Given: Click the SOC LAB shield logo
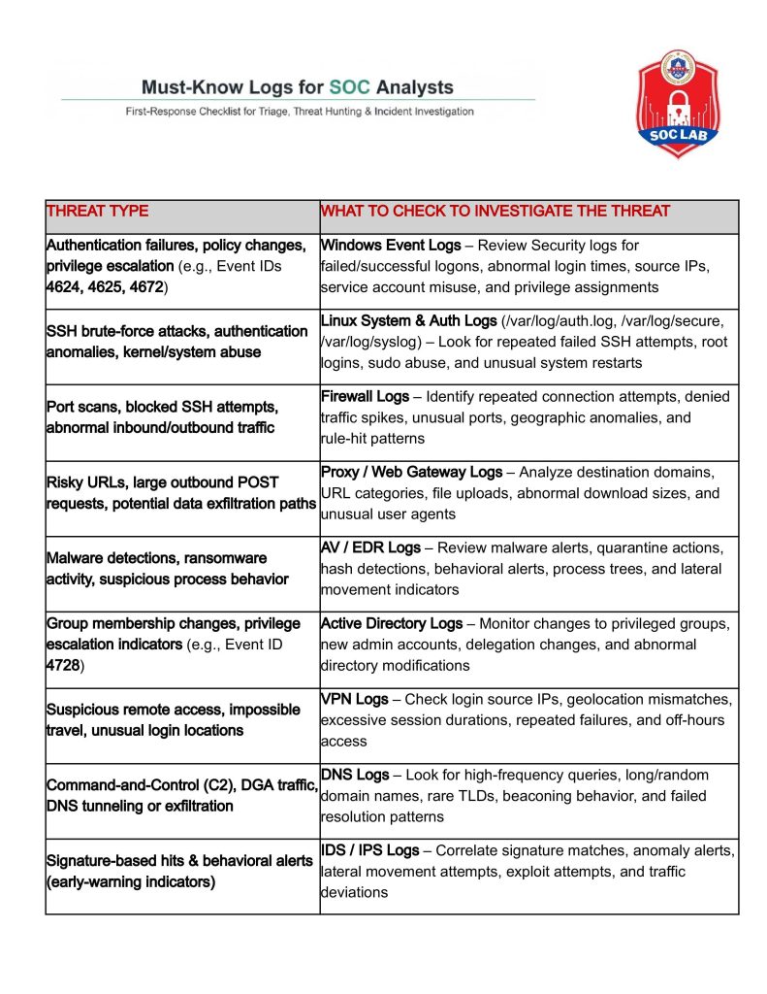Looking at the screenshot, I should point(679,102).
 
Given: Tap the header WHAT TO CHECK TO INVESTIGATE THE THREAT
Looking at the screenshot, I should point(495,211).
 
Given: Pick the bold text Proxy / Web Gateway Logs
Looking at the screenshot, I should point(411,472).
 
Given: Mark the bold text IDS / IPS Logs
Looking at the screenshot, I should point(370,850).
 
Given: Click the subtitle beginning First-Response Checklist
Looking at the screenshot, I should point(300,112).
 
